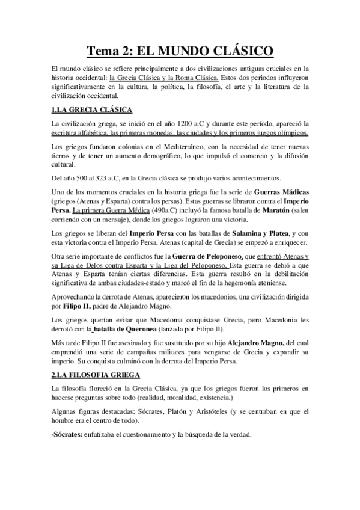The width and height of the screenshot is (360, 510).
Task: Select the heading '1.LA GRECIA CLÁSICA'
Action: click(91, 109)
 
